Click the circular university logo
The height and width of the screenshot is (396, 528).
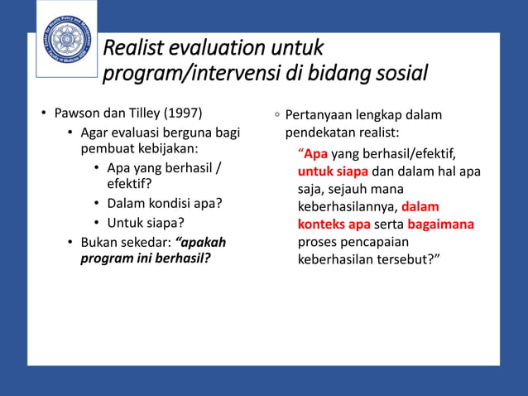[66, 41]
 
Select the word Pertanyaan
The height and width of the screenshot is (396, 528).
[321, 114]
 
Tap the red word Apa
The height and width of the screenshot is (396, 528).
[315, 154]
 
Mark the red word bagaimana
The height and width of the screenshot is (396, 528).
[440, 224]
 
